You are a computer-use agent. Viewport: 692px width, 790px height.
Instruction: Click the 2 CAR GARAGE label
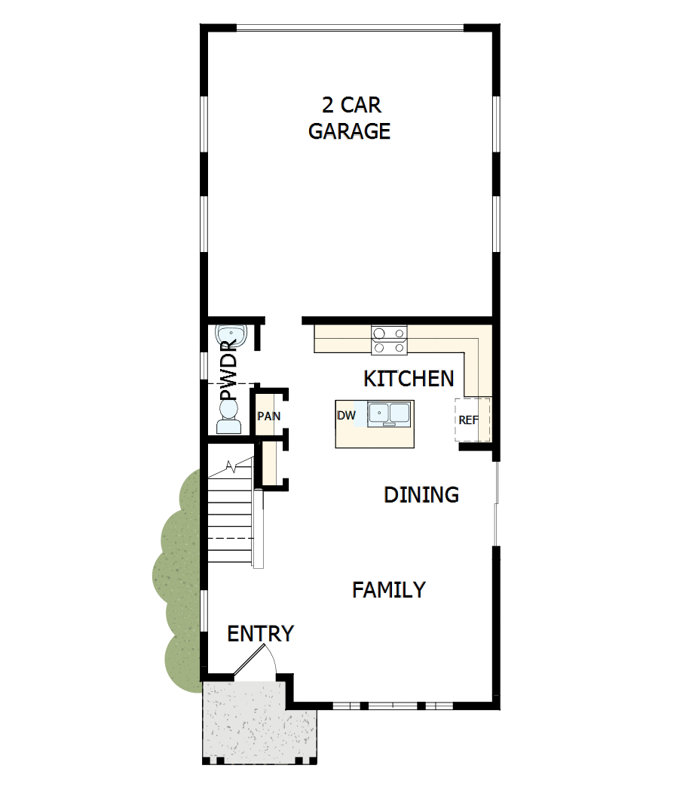point(349,117)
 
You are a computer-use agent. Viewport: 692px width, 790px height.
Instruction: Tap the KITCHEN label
point(409,378)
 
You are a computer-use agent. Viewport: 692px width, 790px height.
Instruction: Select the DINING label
point(421,495)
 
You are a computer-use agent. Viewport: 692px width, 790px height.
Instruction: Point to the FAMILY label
point(389,589)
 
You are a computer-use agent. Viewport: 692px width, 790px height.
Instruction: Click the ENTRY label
point(260,634)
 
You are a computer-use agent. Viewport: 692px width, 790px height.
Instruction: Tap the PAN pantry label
point(268,416)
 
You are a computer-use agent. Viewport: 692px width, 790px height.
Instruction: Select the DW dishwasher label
point(346,415)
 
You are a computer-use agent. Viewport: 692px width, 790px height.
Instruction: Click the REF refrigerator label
point(468,420)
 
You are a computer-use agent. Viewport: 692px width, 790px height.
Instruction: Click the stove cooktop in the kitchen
point(389,340)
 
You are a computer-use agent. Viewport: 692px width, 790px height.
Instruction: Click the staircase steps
point(231,521)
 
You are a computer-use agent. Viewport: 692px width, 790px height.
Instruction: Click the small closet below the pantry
point(269,463)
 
